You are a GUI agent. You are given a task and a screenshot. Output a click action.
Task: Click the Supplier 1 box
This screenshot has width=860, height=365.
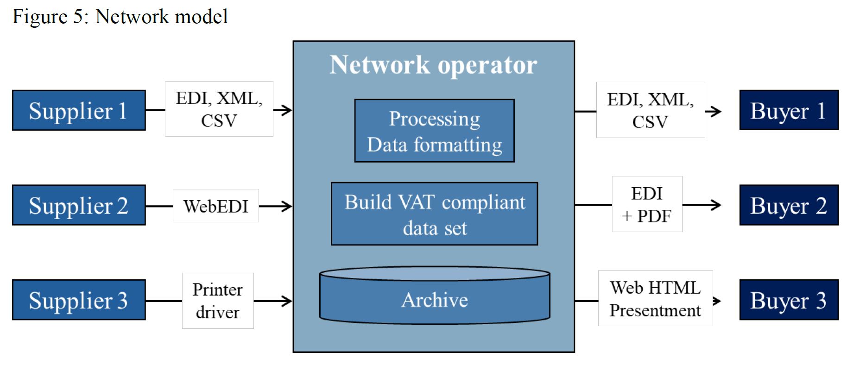(79, 110)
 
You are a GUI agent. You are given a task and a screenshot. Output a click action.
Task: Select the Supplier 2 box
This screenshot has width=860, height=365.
(79, 205)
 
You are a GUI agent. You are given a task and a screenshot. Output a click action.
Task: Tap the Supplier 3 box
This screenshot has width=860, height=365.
(79, 300)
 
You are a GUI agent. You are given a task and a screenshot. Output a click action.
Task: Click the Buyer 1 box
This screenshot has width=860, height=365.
(789, 110)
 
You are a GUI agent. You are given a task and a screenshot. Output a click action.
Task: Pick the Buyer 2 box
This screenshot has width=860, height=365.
(789, 205)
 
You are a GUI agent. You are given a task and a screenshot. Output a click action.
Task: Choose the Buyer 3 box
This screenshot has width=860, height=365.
(789, 300)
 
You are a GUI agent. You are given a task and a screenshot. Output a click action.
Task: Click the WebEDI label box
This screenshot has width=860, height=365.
(215, 206)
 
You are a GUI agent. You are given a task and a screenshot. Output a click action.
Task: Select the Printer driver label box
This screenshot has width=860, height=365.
(217, 301)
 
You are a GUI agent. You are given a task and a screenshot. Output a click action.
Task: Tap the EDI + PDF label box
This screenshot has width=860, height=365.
(647, 204)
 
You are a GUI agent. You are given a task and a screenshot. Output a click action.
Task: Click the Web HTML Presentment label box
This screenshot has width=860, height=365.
(655, 298)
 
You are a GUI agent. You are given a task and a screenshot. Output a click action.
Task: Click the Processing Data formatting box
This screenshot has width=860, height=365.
(434, 131)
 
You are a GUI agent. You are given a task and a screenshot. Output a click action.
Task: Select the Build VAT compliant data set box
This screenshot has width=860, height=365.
(434, 214)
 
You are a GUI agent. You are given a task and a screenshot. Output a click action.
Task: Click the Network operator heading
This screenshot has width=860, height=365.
(433, 64)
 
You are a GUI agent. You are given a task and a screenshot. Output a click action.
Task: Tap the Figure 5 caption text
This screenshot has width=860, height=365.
(120, 17)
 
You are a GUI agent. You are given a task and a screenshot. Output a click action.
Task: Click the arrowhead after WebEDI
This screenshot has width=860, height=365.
(287, 206)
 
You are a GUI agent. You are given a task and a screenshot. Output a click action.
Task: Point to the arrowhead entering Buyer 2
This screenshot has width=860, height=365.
(716, 205)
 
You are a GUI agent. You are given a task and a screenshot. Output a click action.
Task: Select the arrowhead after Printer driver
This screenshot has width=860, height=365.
(287, 301)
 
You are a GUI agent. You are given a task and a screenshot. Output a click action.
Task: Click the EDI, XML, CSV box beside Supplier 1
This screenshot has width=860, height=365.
(219, 109)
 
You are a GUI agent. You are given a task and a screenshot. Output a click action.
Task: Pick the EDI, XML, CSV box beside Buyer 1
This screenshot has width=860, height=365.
(650, 110)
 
